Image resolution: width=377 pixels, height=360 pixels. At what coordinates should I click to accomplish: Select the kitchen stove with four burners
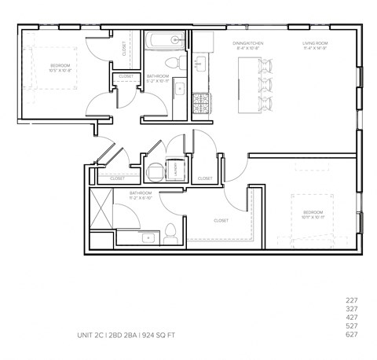[x=200, y=101]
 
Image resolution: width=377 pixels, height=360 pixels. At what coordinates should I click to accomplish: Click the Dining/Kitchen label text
[x=247, y=44]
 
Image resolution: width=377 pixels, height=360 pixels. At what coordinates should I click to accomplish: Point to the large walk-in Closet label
[x=221, y=221]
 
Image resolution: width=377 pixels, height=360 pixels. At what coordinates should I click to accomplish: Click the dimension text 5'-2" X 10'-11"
[x=159, y=80]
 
